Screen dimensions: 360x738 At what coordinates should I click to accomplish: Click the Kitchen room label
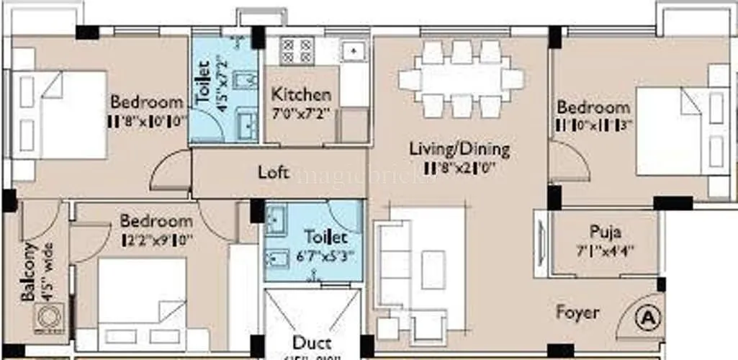pyautogui.click(x=301, y=94)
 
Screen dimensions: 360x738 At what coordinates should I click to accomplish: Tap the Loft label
pyautogui.click(x=274, y=172)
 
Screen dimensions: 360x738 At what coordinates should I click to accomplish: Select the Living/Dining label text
pyautogui.click(x=459, y=149)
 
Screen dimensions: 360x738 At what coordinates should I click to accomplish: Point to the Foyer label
pyautogui.click(x=577, y=312)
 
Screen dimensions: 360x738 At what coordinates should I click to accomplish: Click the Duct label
pyautogui.click(x=312, y=342)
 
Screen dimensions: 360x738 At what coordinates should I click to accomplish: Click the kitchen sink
pyautogui.click(x=354, y=50)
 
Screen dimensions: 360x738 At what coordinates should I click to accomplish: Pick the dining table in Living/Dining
pyautogui.click(x=462, y=78)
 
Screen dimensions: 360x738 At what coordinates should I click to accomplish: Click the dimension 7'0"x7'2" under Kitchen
pyautogui.click(x=301, y=112)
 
